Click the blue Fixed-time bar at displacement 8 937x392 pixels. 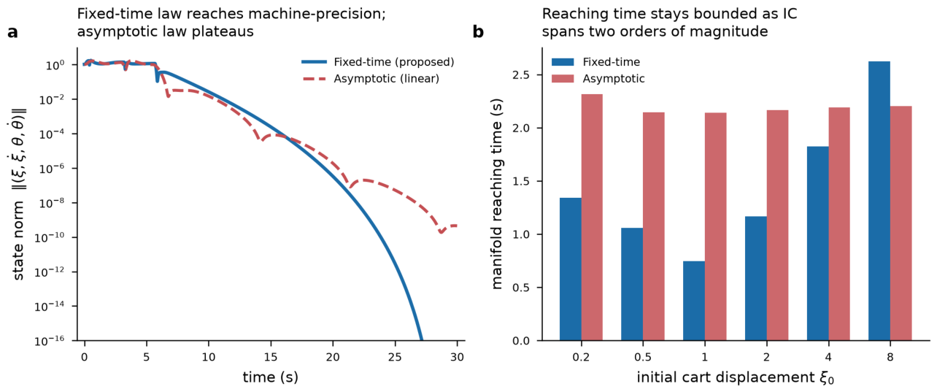tap(879, 201)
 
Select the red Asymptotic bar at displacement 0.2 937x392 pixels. tap(592, 217)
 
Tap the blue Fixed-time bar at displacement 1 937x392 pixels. tap(694, 301)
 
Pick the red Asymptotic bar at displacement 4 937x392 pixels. tap(839, 224)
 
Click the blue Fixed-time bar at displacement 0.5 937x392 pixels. tap(632, 284)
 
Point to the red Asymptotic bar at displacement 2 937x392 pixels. tap(778, 225)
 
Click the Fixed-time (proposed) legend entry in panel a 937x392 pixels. tap(378, 62)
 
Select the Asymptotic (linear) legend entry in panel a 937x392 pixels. tap(370, 79)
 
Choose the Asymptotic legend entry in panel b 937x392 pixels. tap(598, 79)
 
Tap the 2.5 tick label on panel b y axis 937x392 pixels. tap(521, 75)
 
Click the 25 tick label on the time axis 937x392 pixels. tap(395, 357)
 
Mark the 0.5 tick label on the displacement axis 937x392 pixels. tap(643, 357)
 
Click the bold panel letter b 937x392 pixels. tap(478, 32)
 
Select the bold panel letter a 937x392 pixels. tap(12, 32)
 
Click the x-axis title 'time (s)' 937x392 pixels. tap(270, 377)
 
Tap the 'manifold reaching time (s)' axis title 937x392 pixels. tap(496, 193)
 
